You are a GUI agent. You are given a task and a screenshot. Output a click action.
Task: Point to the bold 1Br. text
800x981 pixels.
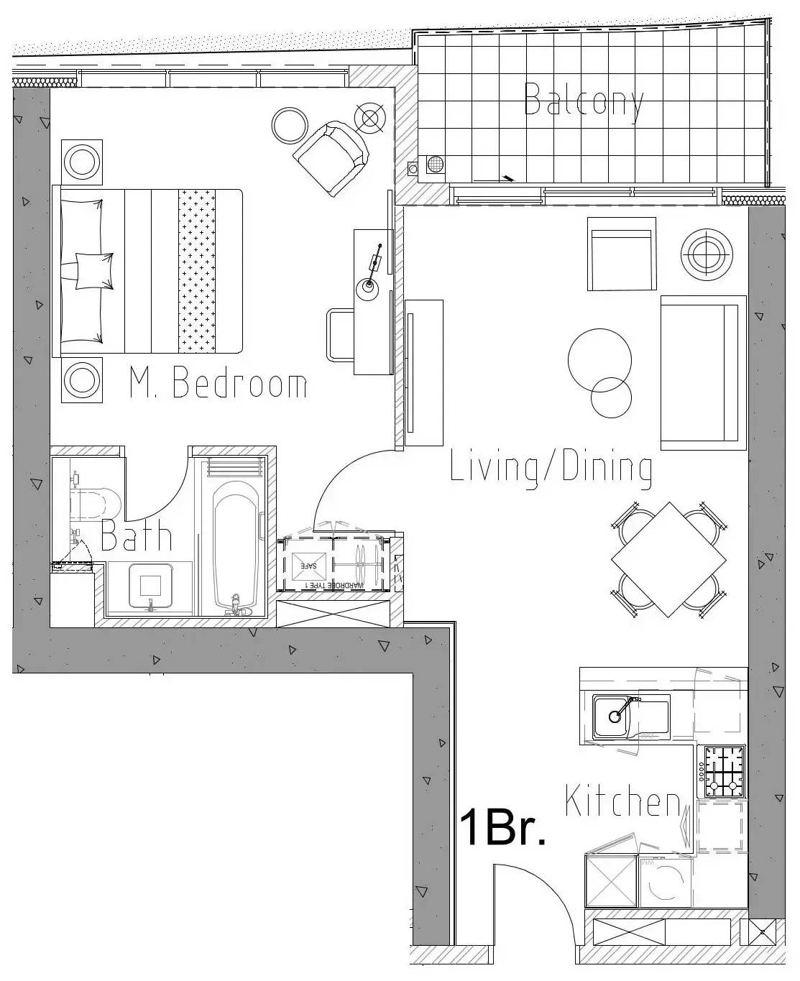pos(502,827)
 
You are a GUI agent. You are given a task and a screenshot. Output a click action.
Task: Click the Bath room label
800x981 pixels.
pos(137,536)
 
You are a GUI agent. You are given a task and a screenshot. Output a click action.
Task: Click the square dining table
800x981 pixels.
pos(668,560)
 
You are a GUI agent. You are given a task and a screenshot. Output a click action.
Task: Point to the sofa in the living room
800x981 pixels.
pos(699,372)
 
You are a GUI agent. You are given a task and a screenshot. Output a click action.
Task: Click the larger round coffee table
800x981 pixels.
pos(599,361)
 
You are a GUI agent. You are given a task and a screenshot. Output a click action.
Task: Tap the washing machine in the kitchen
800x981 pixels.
pos(666,882)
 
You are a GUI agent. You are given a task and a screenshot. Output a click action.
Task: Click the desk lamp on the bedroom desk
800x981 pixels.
pos(368,286)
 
